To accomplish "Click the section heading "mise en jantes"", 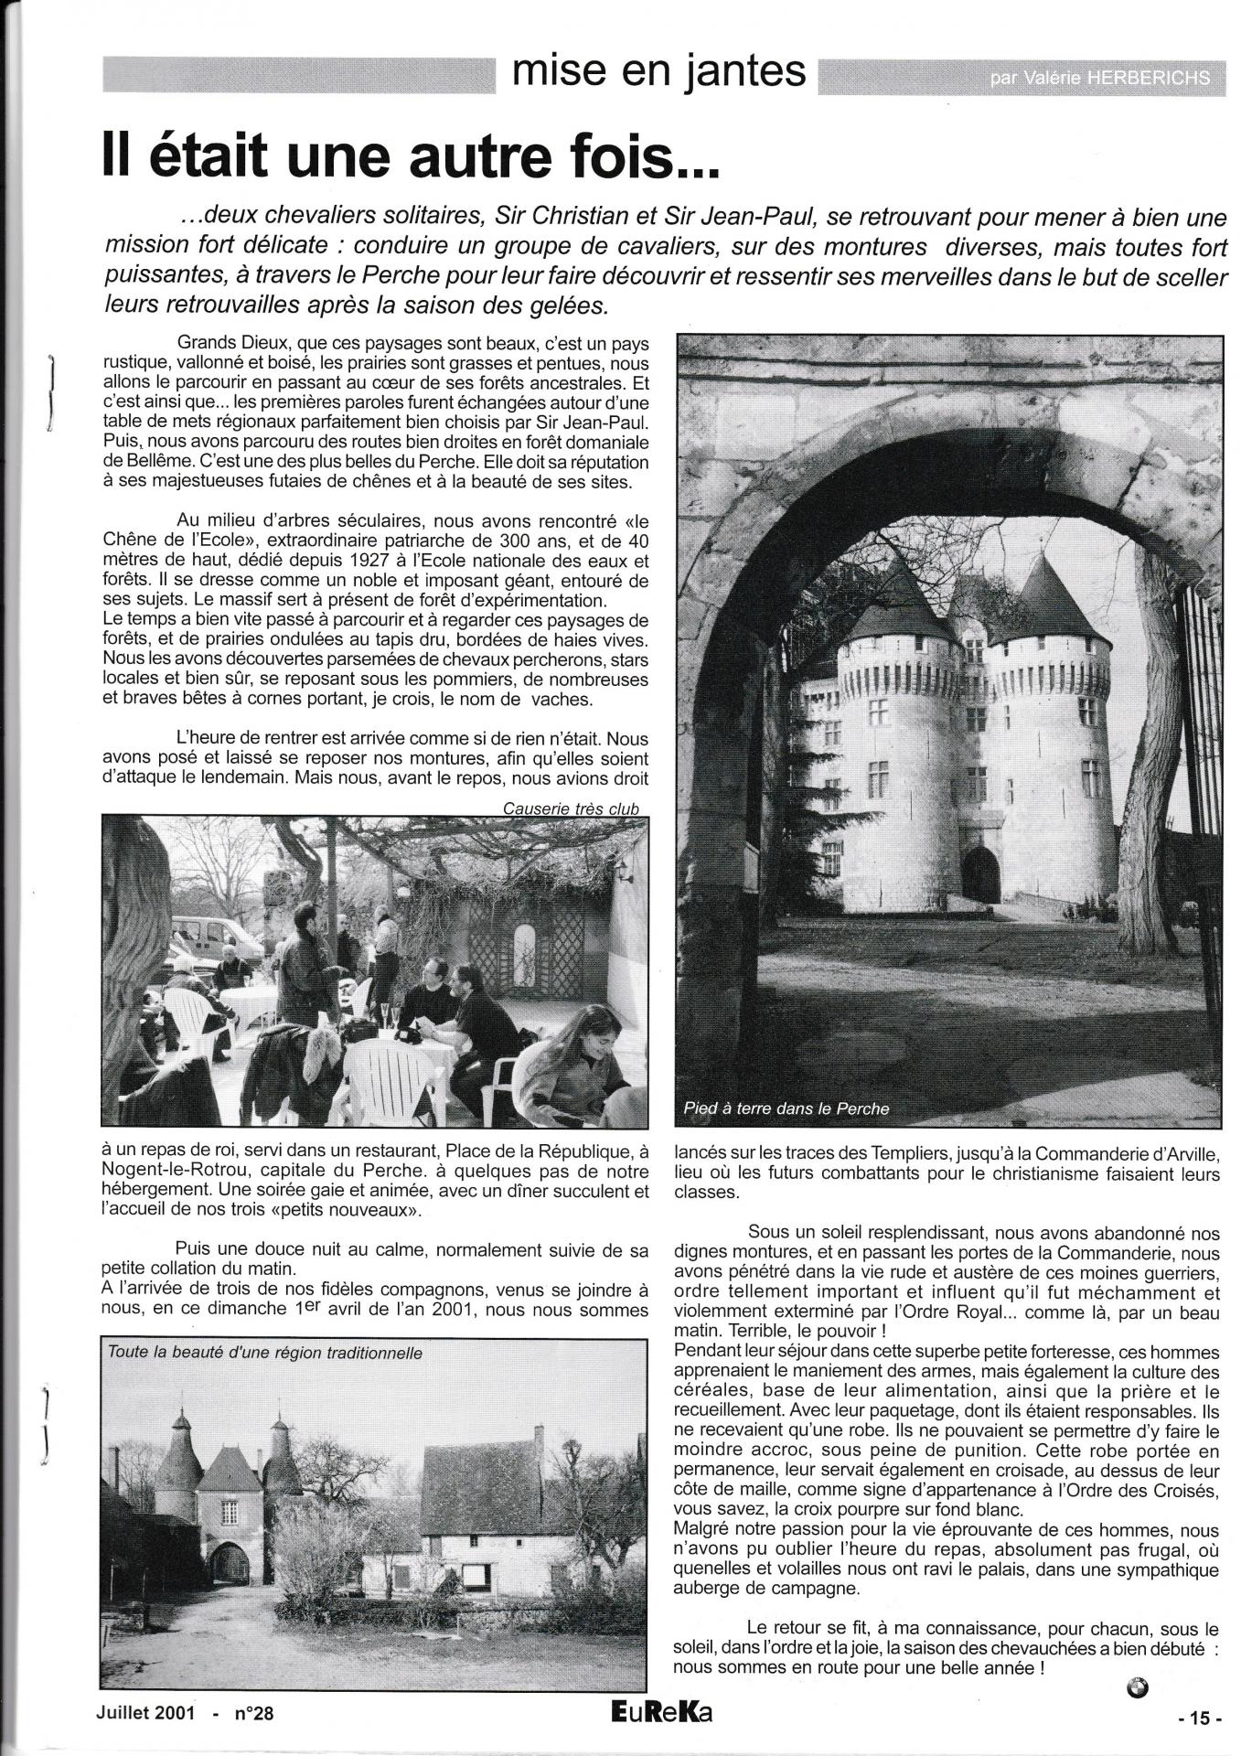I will (658, 72).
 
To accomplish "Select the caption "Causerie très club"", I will (571, 808).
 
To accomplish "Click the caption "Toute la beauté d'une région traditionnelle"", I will (264, 1352).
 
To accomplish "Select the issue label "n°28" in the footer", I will (251, 1715).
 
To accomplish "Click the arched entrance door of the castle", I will (980, 874).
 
